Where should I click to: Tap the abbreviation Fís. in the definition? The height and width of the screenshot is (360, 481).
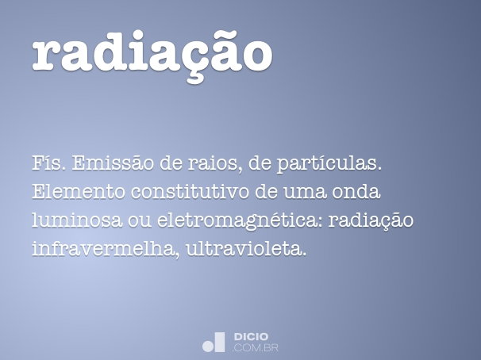pos(46,164)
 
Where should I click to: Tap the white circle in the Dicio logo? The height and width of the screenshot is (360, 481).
pos(209,345)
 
